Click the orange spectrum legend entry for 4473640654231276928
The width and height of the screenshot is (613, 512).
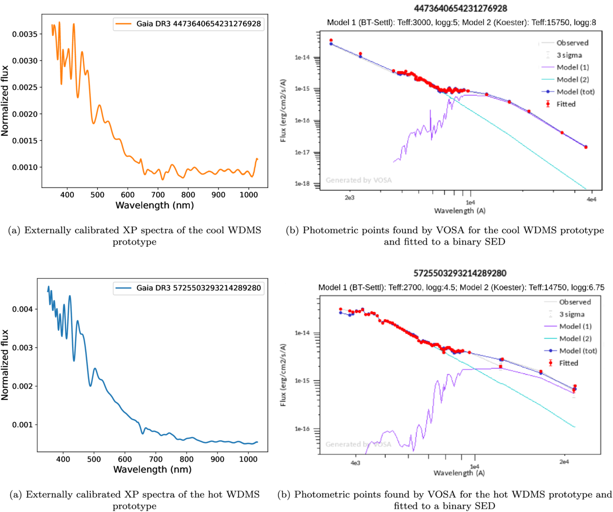[x=189, y=24]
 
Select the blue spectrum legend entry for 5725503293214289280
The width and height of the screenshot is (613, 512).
[x=189, y=288]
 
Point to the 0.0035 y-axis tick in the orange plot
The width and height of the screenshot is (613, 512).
[x=26, y=34]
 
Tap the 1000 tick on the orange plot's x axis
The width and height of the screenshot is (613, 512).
[x=249, y=195]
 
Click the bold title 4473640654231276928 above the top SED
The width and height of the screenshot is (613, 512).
[x=460, y=8]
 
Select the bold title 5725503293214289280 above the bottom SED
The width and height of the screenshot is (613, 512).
[x=460, y=273]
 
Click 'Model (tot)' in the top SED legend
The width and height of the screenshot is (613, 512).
[x=576, y=91]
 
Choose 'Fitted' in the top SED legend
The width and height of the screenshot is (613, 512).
[x=566, y=104]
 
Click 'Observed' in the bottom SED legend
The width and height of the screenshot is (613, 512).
[x=575, y=302]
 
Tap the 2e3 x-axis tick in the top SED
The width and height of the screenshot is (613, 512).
[x=349, y=198]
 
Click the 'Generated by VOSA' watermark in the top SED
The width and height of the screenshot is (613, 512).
[x=359, y=180]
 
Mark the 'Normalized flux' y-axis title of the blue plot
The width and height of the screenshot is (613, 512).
[x=5, y=365]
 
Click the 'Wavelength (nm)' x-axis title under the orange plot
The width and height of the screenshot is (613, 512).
[x=154, y=205]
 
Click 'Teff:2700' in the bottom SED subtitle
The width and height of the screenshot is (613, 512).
[x=418, y=288]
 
